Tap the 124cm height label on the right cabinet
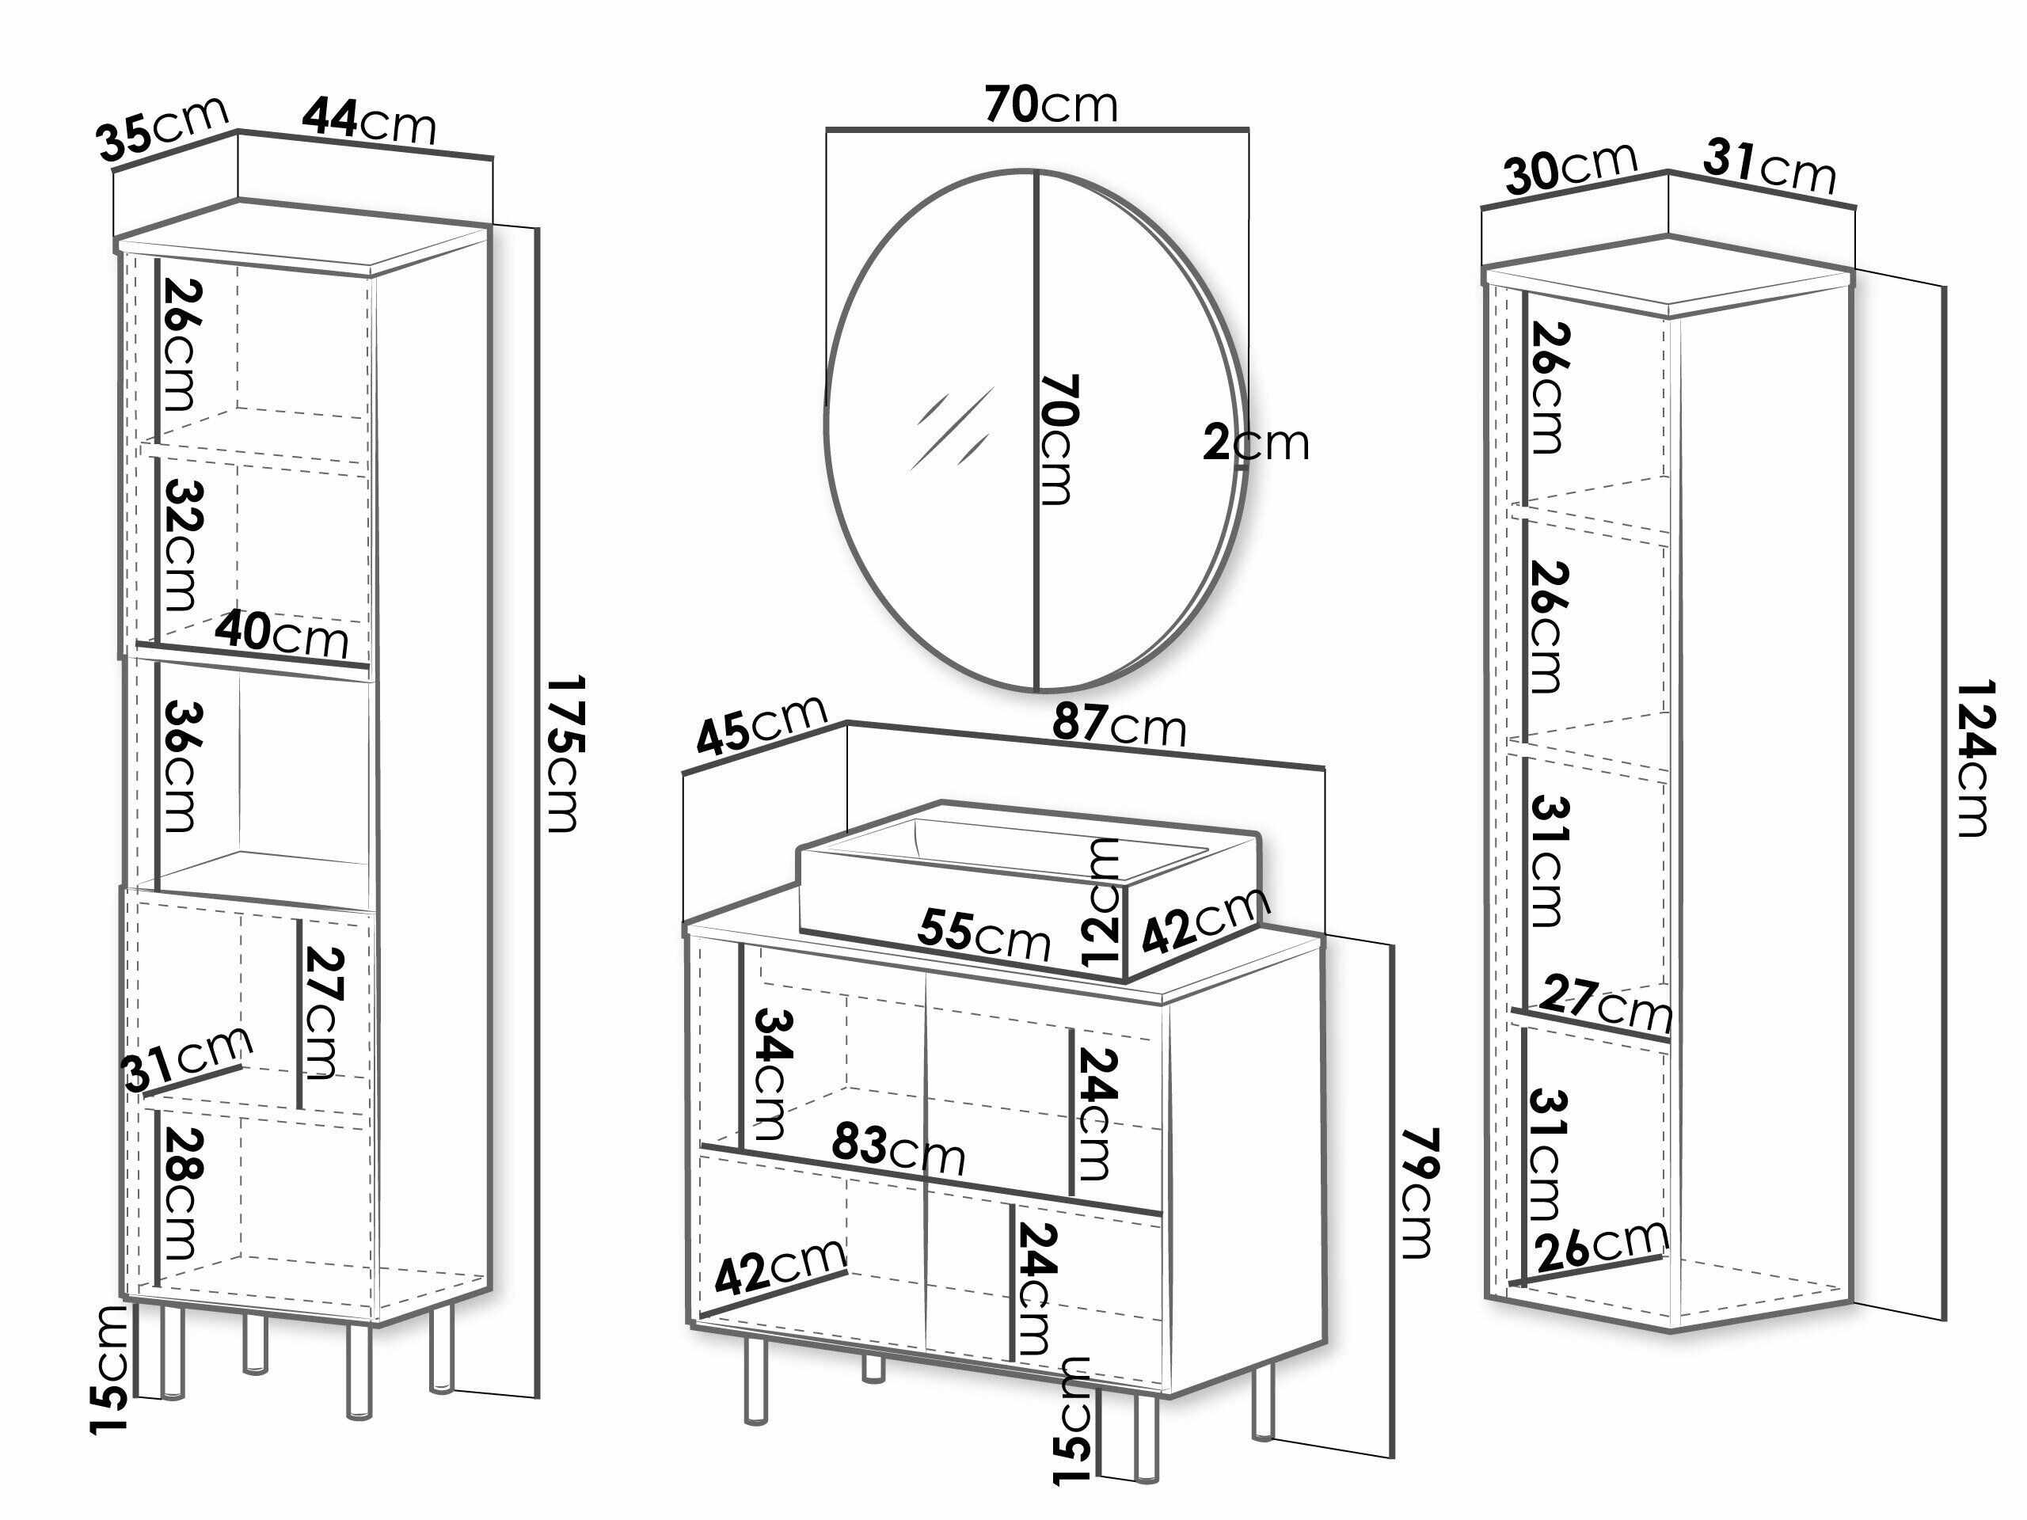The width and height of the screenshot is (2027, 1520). click(x=1975, y=758)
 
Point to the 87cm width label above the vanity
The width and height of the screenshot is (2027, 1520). click(x=1119, y=724)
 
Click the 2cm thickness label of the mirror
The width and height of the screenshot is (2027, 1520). click(x=1256, y=443)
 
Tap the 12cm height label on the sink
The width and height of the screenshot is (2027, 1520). click(x=1100, y=902)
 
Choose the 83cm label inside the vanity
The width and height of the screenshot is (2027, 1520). click(x=898, y=1148)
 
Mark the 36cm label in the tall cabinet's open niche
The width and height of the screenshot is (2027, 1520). click(x=180, y=766)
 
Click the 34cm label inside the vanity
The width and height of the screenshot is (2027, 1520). click(x=770, y=1073)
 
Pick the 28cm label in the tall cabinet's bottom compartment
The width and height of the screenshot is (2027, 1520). click(x=180, y=1192)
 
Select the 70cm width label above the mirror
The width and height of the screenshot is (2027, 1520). click(x=1051, y=104)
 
